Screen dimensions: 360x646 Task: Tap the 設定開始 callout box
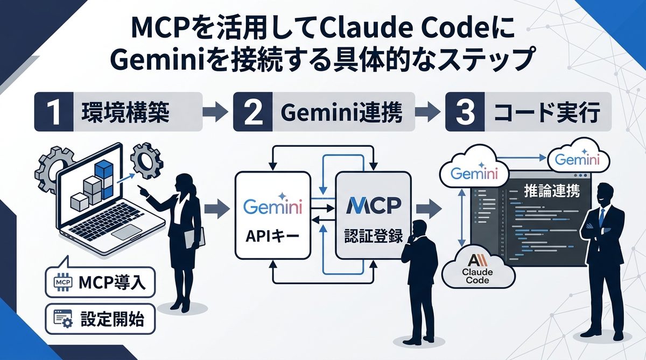[x=100, y=319]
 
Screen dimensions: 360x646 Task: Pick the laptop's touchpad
[x=127, y=231]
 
